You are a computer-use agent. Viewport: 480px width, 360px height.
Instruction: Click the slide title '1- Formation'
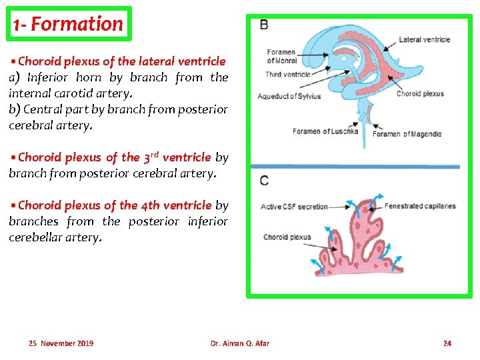coord(69,25)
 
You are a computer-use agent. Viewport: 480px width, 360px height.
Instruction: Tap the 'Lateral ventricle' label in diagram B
coord(424,39)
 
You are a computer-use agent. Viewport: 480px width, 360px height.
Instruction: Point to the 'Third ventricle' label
coord(288,74)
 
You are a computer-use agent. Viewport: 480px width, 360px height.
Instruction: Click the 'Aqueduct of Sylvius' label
coord(289,96)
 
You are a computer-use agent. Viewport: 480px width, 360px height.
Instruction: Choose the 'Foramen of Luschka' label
coord(325,131)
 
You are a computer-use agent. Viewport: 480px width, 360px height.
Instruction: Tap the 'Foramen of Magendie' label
coord(407,134)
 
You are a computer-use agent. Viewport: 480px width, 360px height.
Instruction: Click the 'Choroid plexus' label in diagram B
coord(420,93)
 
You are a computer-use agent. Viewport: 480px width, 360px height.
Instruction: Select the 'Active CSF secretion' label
coord(294,207)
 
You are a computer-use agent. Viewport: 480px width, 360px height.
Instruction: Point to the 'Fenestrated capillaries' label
coord(420,206)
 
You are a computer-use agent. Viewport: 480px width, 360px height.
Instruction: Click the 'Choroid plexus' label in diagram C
coord(287,237)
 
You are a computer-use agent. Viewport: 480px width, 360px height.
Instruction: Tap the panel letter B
coord(264,25)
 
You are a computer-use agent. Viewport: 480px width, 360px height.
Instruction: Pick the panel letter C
coord(265,181)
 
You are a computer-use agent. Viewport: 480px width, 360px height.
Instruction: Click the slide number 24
coord(447,343)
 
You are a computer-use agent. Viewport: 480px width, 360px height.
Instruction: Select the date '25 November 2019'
coord(61,343)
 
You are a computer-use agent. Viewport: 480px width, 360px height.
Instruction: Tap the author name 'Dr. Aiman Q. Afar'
coord(240,343)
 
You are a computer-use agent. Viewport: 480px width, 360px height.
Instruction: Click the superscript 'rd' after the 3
coord(154,153)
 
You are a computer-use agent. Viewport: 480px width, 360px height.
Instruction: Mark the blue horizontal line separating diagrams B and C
coord(359,166)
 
